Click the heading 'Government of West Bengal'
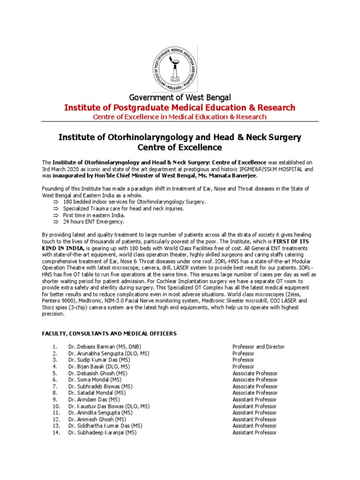click(x=180, y=97)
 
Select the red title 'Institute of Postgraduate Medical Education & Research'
click(x=180, y=108)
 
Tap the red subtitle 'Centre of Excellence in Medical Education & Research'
click(x=180, y=117)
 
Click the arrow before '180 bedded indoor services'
click(x=55, y=202)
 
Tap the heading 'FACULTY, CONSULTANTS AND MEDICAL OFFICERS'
click(x=109, y=333)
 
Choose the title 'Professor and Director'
click(x=258, y=347)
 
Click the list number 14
click(x=56, y=433)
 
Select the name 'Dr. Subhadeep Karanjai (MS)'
click(x=102, y=433)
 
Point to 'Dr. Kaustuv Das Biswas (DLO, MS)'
click(x=109, y=406)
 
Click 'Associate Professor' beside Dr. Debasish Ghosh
click(x=255, y=373)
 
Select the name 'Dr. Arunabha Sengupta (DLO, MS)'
click(x=109, y=353)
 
